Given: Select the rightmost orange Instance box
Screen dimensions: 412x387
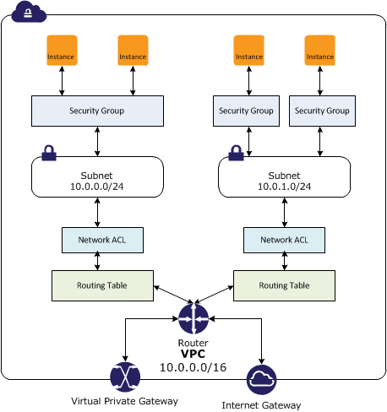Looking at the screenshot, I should pyautogui.click(x=319, y=51).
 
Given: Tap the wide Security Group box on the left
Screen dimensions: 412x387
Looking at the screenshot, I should pyautogui.click(x=97, y=111).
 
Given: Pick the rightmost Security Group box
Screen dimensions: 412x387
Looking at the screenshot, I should pyautogui.click(x=319, y=111).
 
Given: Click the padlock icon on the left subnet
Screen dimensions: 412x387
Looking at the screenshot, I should pyautogui.click(x=49, y=154).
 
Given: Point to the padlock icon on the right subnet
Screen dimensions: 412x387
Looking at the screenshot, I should pyautogui.click(x=236, y=154).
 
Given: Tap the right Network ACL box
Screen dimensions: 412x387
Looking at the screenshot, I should pyautogui.click(x=284, y=240).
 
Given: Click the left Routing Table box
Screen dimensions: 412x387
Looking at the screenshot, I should pyautogui.click(x=102, y=285).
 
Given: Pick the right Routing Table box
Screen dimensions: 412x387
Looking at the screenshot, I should pyautogui.click(x=283, y=285).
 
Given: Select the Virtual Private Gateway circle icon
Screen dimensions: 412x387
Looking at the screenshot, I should pyautogui.click(x=125, y=377).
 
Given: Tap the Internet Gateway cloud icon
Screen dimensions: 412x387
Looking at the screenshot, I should pyautogui.click(x=260, y=381).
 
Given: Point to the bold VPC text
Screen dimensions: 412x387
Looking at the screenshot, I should pyautogui.click(x=193, y=355).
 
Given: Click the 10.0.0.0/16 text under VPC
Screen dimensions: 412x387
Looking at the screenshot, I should pyautogui.click(x=193, y=369).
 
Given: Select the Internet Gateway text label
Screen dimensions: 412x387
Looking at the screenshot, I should pyautogui.click(x=260, y=405).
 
